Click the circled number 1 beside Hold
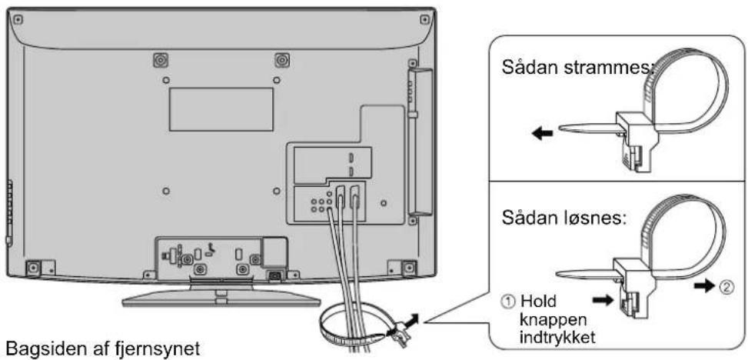click(510, 302)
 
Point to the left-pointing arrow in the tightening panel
click(543, 134)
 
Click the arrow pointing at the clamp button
click(603, 301)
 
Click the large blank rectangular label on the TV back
click(221, 109)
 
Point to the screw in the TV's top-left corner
click(18, 19)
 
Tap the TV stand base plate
click(221, 299)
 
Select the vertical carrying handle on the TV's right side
click(420, 142)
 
